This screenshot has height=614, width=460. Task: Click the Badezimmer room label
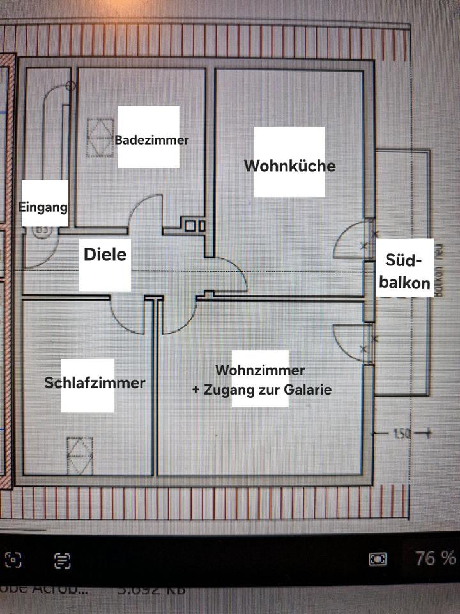[x=152, y=139]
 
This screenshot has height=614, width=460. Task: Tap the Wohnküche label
[x=289, y=166]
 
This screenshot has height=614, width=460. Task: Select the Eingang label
[x=43, y=207]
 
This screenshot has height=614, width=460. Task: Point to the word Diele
[x=105, y=255]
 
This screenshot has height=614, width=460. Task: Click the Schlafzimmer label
[x=95, y=383]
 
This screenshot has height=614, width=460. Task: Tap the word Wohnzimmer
[x=260, y=370]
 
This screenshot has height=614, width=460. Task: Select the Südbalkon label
[x=404, y=272]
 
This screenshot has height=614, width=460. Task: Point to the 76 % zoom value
[x=435, y=558]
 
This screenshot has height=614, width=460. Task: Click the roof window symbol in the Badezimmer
[x=100, y=135]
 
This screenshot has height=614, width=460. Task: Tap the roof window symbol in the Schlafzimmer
[x=80, y=455]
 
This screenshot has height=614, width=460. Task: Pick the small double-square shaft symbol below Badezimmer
[x=195, y=226]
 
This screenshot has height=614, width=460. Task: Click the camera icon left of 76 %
[x=378, y=559]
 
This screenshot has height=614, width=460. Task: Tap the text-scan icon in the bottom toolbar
[x=62, y=561]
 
